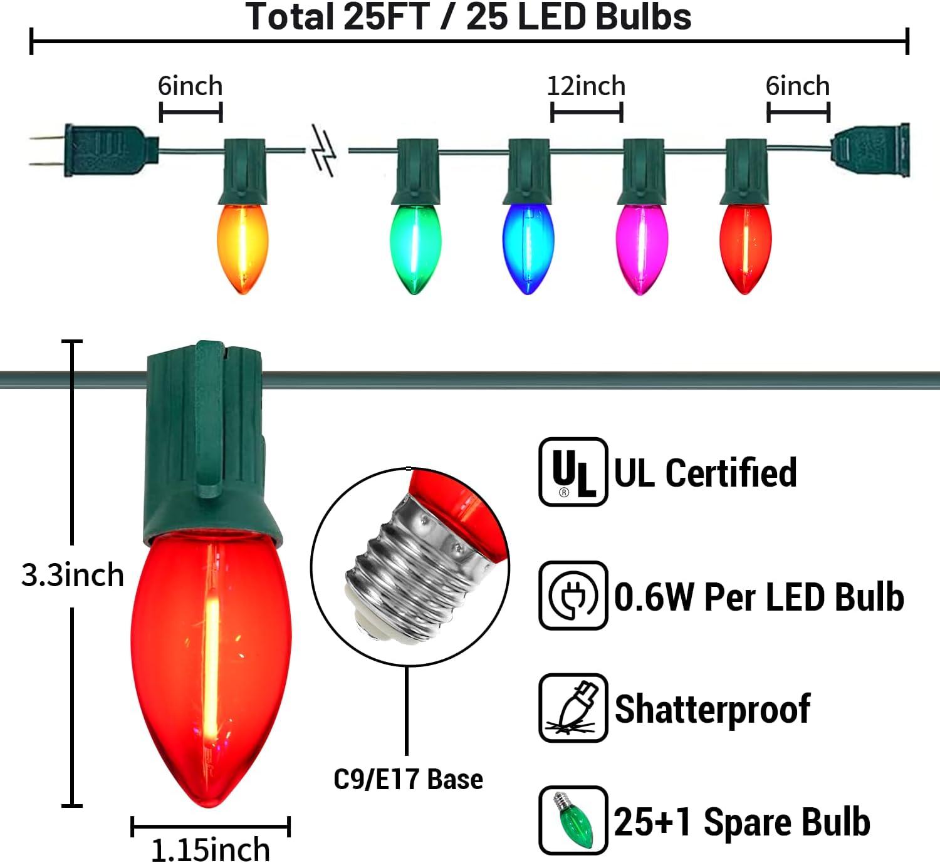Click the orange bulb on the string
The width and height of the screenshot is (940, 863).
(243, 247)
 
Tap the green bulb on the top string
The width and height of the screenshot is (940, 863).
(415, 247)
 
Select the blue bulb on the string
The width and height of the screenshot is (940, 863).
(528, 247)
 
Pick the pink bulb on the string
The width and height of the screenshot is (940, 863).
(641, 247)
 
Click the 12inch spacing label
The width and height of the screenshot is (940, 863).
(586, 86)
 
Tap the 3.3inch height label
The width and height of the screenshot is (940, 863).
(73, 575)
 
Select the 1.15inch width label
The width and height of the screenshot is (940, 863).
(211, 849)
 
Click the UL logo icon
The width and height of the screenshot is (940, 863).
(573, 472)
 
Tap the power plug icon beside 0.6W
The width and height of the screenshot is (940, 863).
(573, 596)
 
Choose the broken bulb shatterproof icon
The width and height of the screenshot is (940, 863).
(573, 708)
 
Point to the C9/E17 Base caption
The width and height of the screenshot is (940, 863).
(408, 779)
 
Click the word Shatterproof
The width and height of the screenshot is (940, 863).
(713, 709)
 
